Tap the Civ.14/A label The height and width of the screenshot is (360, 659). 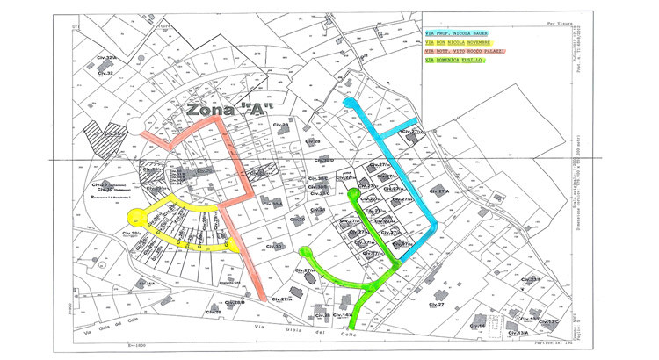342,315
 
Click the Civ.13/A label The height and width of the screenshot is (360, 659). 518,333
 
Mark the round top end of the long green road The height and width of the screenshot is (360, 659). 353,194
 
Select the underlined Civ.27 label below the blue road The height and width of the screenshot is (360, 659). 436,305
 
